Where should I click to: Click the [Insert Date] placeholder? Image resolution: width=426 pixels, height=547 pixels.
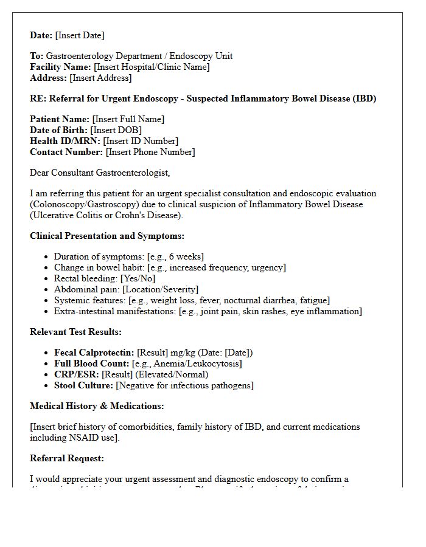pyautogui.click(x=80, y=35)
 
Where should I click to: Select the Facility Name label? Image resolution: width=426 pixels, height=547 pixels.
pyautogui.click(x=60, y=67)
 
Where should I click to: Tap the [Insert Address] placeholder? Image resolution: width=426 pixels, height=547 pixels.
pyautogui.click(x=100, y=78)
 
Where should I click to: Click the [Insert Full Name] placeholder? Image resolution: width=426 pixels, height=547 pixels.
pyautogui.click(x=128, y=119)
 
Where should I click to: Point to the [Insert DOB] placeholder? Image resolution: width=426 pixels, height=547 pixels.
pyautogui.click(x=116, y=130)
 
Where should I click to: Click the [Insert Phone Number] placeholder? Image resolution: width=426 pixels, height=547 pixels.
pyautogui.click(x=150, y=152)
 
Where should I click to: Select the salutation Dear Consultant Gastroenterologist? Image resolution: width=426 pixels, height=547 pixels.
pyautogui.click(x=100, y=173)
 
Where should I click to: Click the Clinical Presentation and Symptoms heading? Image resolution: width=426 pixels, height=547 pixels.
pyautogui.click(x=107, y=236)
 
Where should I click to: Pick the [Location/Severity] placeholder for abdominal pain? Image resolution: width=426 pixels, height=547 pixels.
pyautogui.click(x=160, y=289)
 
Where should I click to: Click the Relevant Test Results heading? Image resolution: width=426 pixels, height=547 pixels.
pyautogui.click(x=75, y=332)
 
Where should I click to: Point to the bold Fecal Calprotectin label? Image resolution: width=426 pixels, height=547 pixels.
pyautogui.click(x=94, y=353)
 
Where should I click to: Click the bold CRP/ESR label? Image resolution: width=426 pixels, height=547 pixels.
pyautogui.click(x=76, y=374)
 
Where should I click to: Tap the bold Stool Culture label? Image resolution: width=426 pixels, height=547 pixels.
pyautogui.click(x=83, y=385)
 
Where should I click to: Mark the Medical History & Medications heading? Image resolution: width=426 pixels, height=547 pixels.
pyautogui.click(x=97, y=406)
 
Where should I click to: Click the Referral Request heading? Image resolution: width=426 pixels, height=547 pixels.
pyautogui.click(x=66, y=458)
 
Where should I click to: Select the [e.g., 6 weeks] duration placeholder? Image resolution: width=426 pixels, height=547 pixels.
pyautogui.click(x=175, y=256)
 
